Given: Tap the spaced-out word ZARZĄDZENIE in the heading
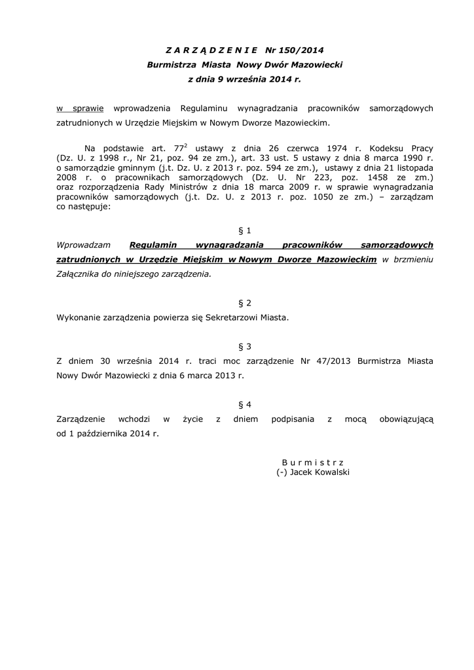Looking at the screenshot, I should (x=211, y=50).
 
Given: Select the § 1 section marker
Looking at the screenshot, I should (x=244, y=230).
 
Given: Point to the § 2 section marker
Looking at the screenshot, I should (x=244, y=303).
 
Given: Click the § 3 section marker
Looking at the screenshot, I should (x=244, y=346).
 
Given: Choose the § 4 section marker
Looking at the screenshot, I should (x=244, y=404).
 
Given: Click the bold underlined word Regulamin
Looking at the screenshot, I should (x=154, y=245).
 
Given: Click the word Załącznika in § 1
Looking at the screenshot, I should (x=79, y=275).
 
